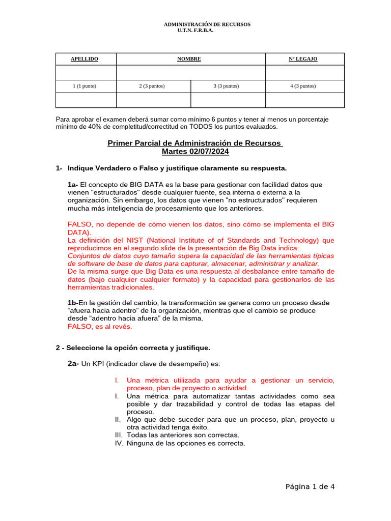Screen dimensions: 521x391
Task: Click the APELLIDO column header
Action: (85, 59)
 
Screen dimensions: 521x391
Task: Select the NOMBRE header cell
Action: (189, 59)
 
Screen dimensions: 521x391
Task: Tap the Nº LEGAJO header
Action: (303, 59)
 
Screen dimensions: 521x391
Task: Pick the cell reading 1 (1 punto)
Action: (85, 86)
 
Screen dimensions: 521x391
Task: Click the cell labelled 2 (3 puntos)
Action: (152, 86)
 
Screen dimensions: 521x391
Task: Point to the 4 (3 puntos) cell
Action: (303, 86)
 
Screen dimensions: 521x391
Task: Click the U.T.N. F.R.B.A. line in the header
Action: (195, 31)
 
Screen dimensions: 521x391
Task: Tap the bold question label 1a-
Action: (73, 185)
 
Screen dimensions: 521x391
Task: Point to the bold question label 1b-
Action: (73, 303)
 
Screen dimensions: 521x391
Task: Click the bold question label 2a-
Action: (73, 363)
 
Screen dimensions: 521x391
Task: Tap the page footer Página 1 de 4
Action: (310, 486)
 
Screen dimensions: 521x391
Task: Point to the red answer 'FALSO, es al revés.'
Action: (100, 326)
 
